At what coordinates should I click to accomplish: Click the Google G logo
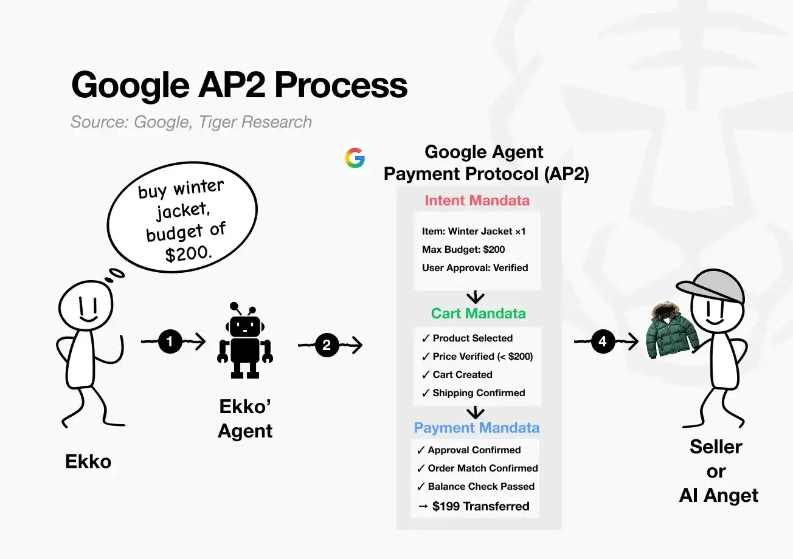pos(355,158)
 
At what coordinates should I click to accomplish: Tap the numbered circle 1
pos(170,343)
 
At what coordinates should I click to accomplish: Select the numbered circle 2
pos(327,345)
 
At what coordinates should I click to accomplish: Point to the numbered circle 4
pos(602,342)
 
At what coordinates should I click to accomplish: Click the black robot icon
pos(244,341)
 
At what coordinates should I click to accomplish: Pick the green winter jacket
pos(671,331)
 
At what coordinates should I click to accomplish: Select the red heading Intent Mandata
pos(477,201)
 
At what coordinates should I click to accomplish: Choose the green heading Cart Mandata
pos(478,314)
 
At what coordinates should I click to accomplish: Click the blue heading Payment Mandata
pos(476,428)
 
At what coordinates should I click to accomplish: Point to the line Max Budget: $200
pos(463,249)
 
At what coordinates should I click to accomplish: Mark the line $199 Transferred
pos(474,506)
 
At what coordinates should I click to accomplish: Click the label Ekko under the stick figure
pos(88,462)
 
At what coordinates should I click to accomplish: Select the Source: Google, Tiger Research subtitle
pos(191,122)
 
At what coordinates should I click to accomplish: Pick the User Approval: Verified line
pos(474,267)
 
